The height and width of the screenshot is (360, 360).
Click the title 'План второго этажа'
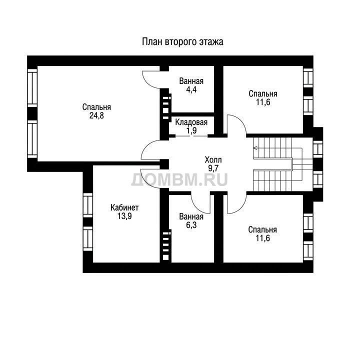coord(182,42)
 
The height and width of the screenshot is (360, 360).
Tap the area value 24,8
coord(96,115)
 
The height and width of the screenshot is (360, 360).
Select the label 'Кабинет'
coord(124,207)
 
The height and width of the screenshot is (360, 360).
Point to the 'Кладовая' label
coord(191,122)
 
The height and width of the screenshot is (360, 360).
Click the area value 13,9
coord(124,216)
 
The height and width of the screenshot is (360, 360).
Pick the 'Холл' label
coord(213,159)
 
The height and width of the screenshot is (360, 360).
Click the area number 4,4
coord(191,89)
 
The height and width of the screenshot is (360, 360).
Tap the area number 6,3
coord(191,225)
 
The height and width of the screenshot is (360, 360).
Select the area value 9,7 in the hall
coord(213,168)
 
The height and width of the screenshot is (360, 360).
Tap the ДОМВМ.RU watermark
coord(179,179)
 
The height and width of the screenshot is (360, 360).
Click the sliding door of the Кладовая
coord(191,136)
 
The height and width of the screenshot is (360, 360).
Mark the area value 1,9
coord(191,130)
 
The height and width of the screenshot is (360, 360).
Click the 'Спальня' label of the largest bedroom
coord(96,107)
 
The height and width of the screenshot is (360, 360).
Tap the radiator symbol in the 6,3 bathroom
coord(166,245)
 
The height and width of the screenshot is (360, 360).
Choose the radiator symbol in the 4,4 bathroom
coord(166,107)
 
